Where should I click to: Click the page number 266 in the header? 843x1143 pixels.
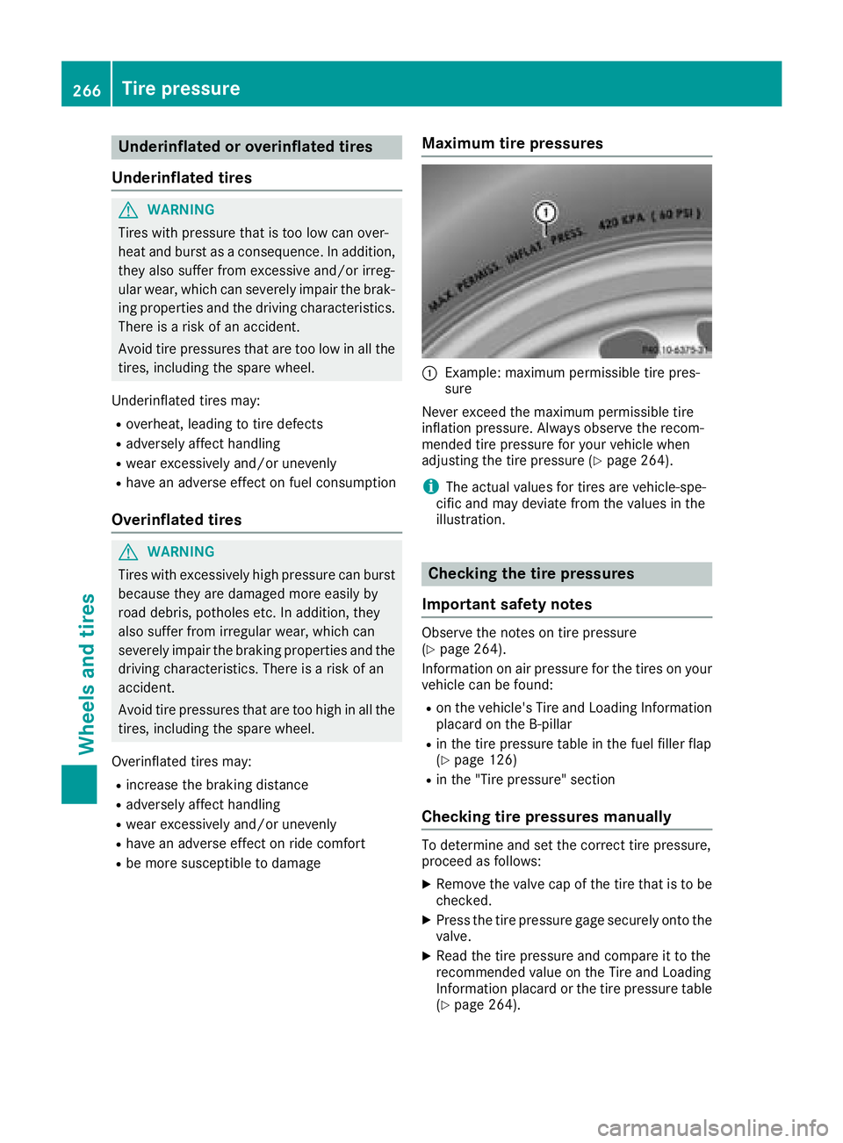(x=86, y=90)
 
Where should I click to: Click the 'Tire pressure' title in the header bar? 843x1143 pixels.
(x=181, y=89)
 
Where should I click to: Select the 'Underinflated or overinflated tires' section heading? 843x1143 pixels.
(x=246, y=147)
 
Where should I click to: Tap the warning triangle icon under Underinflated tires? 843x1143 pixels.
(x=128, y=210)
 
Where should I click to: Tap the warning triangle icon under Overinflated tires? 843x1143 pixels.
(x=128, y=552)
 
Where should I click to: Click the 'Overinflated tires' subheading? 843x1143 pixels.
(x=177, y=520)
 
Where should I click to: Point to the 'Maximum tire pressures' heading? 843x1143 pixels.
(x=512, y=143)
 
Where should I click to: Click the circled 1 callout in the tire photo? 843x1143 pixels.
(x=545, y=212)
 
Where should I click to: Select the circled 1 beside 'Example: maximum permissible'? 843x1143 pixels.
(x=429, y=374)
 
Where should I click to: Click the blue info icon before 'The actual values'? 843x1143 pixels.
(x=430, y=486)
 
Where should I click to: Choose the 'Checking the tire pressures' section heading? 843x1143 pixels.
(x=530, y=573)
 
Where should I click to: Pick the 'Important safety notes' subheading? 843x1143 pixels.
(x=507, y=604)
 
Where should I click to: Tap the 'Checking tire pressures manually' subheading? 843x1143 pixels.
(x=546, y=816)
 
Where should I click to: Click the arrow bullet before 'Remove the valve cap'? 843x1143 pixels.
(x=427, y=884)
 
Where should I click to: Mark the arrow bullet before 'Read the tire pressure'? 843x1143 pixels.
(x=427, y=956)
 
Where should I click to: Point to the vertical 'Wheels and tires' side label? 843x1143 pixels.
(x=86, y=673)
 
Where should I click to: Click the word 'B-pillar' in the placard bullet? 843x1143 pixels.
(x=551, y=724)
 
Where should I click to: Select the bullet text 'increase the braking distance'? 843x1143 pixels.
(x=217, y=785)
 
